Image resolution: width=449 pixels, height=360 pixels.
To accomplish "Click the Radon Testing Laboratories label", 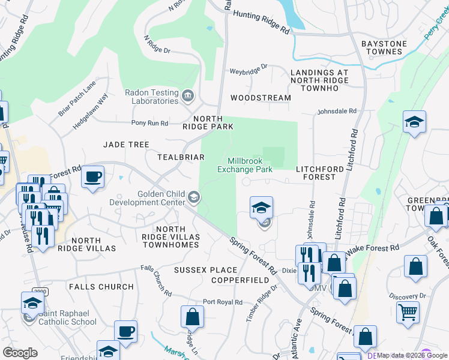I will pyautogui.click(x=151, y=97).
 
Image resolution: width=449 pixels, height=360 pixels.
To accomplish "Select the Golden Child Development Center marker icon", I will pyautogui.click(x=194, y=197).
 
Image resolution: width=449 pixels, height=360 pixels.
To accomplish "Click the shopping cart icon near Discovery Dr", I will pyautogui.click(x=408, y=312).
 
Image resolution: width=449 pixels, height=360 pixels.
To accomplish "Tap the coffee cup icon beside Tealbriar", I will pyautogui.click(x=92, y=177).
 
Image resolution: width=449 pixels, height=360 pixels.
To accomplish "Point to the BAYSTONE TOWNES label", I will pyautogui.click(x=384, y=48).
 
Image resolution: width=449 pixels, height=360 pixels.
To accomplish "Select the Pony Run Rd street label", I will pyautogui.click(x=149, y=123).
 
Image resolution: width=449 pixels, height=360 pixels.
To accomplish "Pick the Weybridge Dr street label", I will pyautogui.click(x=249, y=70).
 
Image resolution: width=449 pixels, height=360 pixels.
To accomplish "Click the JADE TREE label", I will pyautogui.click(x=126, y=145).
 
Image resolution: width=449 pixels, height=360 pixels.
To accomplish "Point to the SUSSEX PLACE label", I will pyautogui.click(x=198, y=271).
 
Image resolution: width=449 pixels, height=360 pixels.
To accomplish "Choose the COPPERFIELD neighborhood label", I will pyautogui.click(x=240, y=280).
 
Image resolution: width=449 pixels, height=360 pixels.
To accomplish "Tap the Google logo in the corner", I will pyautogui.click(x=20, y=353).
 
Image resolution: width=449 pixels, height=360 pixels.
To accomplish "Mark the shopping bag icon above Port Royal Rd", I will pyautogui.click(x=192, y=316).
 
